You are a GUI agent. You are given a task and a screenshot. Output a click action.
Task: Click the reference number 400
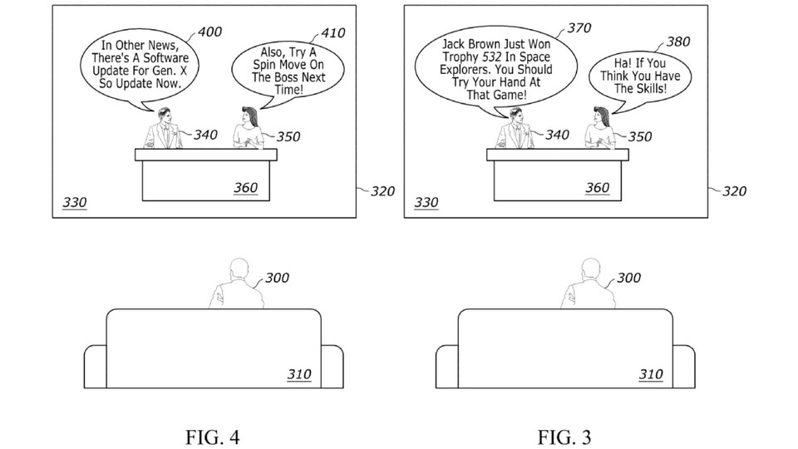pyautogui.click(x=209, y=32)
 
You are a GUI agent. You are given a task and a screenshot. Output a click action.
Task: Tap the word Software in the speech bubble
pyautogui.click(x=163, y=58)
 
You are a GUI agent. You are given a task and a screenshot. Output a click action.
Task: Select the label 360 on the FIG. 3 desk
pyautogui.click(x=597, y=188)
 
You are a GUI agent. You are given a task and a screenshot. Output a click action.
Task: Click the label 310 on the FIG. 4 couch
pyautogui.click(x=299, y=374)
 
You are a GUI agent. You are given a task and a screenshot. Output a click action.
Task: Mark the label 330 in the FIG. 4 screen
pyautogui.click(x=74, y=203)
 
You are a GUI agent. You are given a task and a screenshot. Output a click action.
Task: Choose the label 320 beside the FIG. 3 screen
pyautogui.click(x=734, y=191)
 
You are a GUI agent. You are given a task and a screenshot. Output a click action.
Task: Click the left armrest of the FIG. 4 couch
pyautogui.click(x=95, y=366)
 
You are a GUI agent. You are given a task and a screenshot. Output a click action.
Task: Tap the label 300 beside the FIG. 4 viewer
pyautogui.click(x=277, y=278)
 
